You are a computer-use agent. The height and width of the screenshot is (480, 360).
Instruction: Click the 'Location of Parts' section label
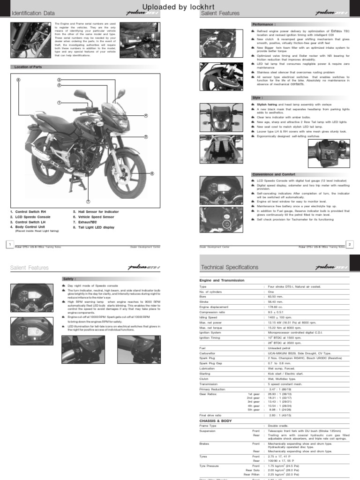(x=28, y=67)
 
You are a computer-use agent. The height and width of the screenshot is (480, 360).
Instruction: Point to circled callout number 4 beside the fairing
(x=146, y=116)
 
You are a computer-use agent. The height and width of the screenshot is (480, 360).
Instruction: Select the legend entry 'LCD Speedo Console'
(x=30, y=217)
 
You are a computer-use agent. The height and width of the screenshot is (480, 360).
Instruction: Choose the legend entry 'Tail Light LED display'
(x=94, y=227)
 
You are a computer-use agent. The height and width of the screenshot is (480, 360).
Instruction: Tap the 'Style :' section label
(x=257, y=97)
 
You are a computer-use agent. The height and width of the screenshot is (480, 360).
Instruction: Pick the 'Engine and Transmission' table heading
(x=222, y=280)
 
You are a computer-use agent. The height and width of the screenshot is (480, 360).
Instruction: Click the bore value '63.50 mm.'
(x=277, y=296)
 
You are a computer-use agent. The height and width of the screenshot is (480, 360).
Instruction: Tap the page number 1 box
(x=9, y=244)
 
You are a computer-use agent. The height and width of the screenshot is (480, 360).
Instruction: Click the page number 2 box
(x=350, y=244)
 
